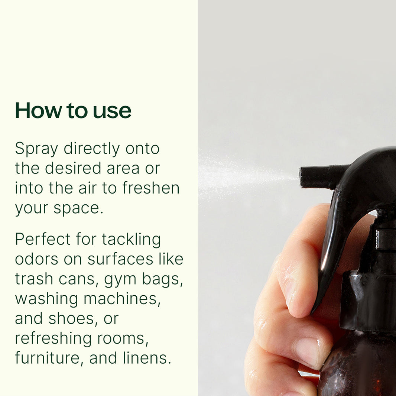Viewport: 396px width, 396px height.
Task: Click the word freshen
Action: pos(151,188)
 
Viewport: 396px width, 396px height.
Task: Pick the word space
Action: pos(78,208)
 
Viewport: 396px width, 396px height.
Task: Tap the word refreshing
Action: pos(52,338)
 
